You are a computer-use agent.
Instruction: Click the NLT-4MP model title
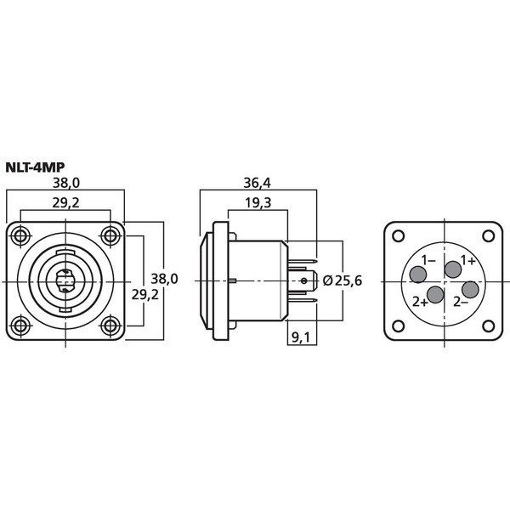click(x=36, y=167)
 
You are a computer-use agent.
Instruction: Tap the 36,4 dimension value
click(x=257, y=184)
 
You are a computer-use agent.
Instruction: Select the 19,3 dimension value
click(x=258, y=203)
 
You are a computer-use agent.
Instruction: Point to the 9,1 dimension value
click(x=300, y=338)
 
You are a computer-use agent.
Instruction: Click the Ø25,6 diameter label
click(x=343, y=280)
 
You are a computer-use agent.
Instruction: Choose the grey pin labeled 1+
click(x=453, y=269)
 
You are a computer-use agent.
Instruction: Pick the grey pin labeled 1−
click(x=418, y=275)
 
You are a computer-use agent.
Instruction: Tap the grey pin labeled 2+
click(x=435, y=295)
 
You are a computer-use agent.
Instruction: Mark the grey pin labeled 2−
click(x=470, y=290)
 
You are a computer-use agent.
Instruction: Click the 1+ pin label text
click(x=468, y=260)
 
